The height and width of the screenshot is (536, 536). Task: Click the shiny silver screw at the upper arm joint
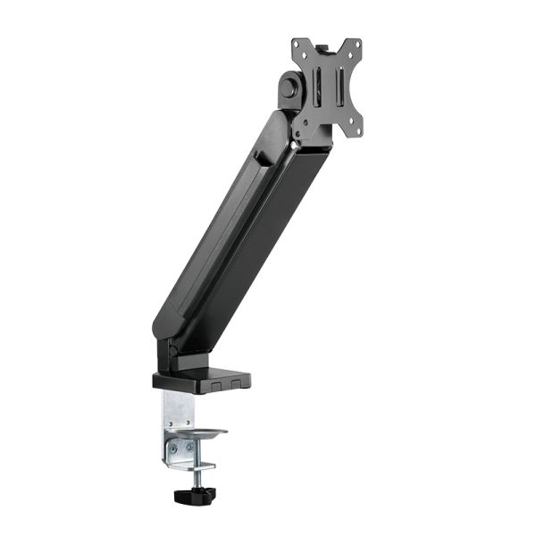(x=296, y=140)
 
